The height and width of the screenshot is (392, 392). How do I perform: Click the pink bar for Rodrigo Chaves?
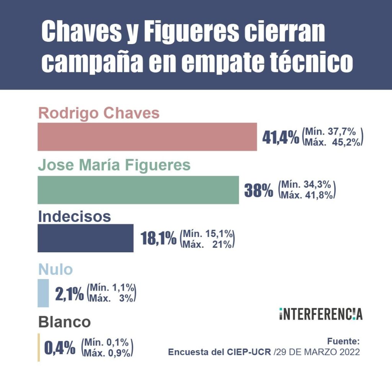pos(147,137)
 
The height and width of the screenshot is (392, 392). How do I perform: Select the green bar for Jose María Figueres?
pos(138,190)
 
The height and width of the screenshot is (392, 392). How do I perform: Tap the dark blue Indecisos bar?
pos(85,238)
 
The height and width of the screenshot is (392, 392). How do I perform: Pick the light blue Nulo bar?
pos(43,293)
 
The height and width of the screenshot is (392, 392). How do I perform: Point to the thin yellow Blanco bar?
pos(39,347)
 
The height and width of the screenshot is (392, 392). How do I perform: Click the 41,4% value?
pos(280,137)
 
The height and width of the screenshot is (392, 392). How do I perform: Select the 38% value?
pos(259,190)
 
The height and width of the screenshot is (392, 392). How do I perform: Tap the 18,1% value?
pos(159,239)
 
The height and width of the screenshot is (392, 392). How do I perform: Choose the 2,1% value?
pos(69,294)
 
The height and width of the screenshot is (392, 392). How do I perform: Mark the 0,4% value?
pos(60,348)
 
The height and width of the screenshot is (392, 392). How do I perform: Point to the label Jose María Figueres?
pos(114,165)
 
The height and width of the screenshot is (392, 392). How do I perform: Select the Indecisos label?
pos(74,216)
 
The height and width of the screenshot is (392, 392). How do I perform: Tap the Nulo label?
pos(56,269)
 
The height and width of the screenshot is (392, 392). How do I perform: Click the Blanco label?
pos(64,322)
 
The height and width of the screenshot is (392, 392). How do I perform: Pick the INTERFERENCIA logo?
pos(320,314)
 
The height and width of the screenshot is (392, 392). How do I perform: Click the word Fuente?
pos(343,341)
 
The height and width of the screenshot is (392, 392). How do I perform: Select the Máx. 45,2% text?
pos(332,142)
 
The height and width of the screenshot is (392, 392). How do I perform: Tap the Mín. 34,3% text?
pos(307,185)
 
